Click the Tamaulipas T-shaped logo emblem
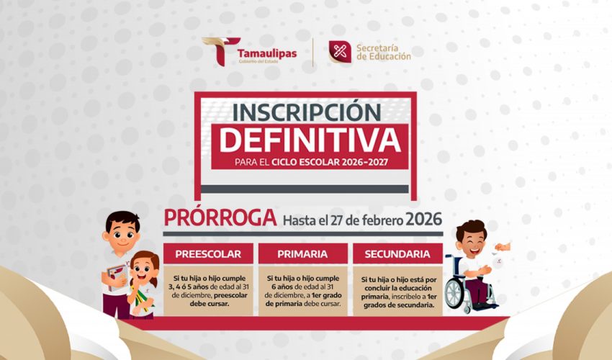point(221,51)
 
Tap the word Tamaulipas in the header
point(267,53)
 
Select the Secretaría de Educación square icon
point(340,52)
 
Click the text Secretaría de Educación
point(383,53)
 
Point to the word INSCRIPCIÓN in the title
point(307,112)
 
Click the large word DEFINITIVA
point(310,140)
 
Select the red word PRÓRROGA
point(220,218)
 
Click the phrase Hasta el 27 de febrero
point(343,220)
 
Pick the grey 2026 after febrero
point(424,219)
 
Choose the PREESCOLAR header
point(208,254)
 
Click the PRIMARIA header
point(302,254)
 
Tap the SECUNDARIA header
point(397,254)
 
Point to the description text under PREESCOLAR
point(210,291)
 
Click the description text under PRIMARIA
point(303,291)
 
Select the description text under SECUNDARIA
point(398,292)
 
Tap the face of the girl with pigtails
point(143,271)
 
